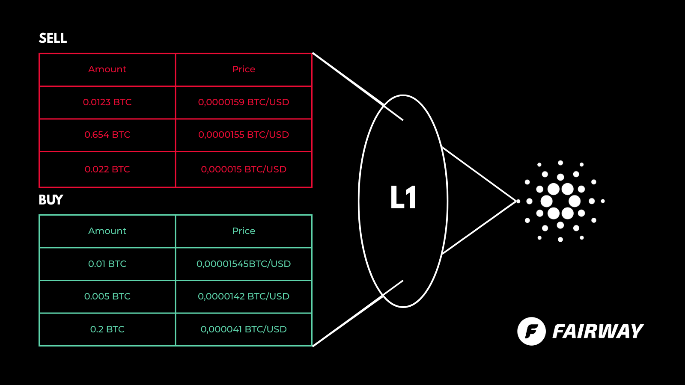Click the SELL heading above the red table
53,38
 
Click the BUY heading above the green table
51,200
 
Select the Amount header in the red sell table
107,69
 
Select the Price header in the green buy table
244,231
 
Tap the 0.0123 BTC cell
107,102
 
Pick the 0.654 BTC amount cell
107,135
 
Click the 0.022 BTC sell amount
107,169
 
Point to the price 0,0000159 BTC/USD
244,102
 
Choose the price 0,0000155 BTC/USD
244,135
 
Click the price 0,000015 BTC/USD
244,169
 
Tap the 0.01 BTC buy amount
107,264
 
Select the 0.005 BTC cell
107,296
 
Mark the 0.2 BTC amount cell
107,329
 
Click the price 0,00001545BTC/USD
244,264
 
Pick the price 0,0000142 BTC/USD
244,296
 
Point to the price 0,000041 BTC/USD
244,329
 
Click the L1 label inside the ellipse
403,198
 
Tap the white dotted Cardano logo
560,201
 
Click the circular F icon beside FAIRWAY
531,331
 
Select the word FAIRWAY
598,332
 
